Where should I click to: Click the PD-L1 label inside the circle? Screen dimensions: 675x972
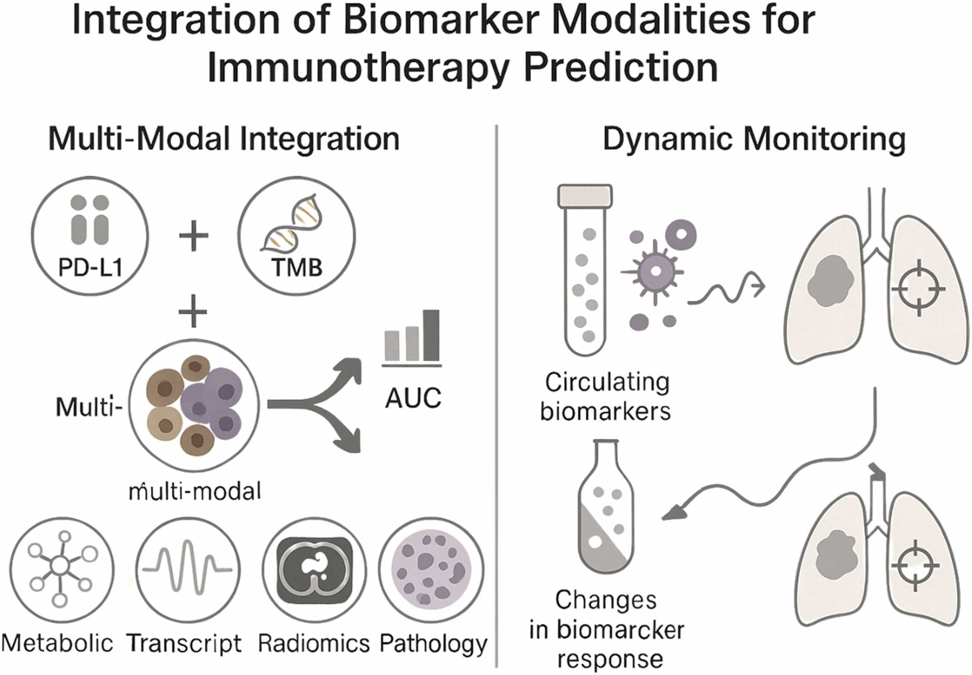90,268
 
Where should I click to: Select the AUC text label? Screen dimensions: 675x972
413,398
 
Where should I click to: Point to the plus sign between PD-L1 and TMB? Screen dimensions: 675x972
194,236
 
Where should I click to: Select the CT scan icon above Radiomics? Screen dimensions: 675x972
315,569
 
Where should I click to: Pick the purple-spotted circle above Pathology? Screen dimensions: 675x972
431,569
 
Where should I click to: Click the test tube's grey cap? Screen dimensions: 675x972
585,195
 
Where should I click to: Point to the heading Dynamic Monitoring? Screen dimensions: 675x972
754,140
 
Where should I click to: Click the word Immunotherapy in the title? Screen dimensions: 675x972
357,68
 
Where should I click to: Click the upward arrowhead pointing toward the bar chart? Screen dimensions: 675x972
352,369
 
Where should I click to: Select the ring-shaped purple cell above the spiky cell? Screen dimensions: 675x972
681,234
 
